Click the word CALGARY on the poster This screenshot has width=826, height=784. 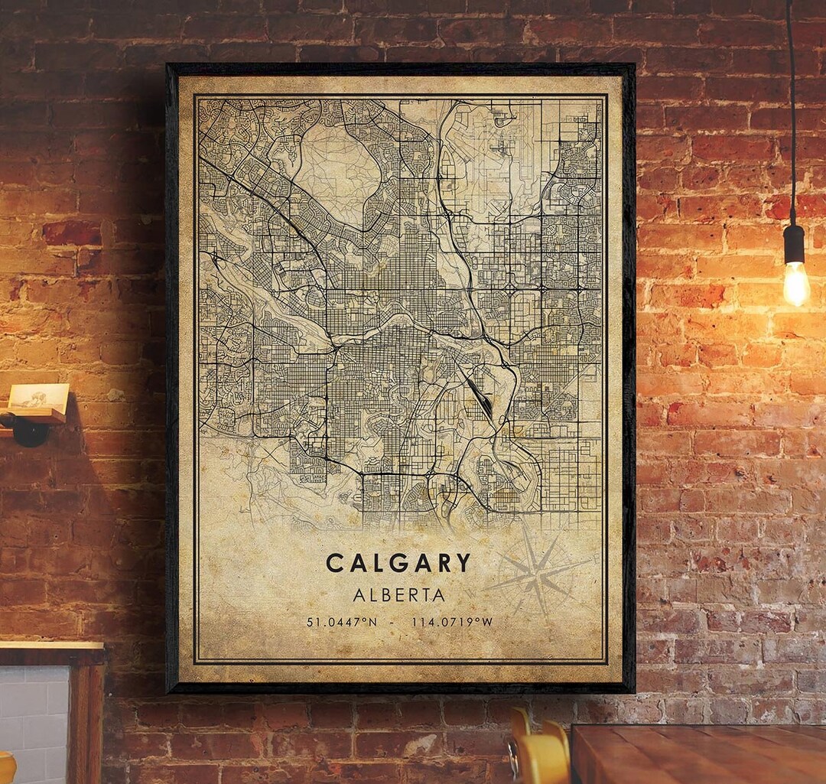pos(398,563)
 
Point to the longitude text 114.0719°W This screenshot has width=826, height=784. pos(452,622)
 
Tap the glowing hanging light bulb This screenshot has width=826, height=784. pos(795,282)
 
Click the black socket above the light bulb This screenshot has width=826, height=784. pos(794,244)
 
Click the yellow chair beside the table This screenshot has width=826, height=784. pos(540,753)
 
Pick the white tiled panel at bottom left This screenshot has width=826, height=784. pos(34,715)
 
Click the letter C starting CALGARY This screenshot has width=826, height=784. pos(334,563)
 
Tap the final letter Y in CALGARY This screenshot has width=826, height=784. pos(463,563)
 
